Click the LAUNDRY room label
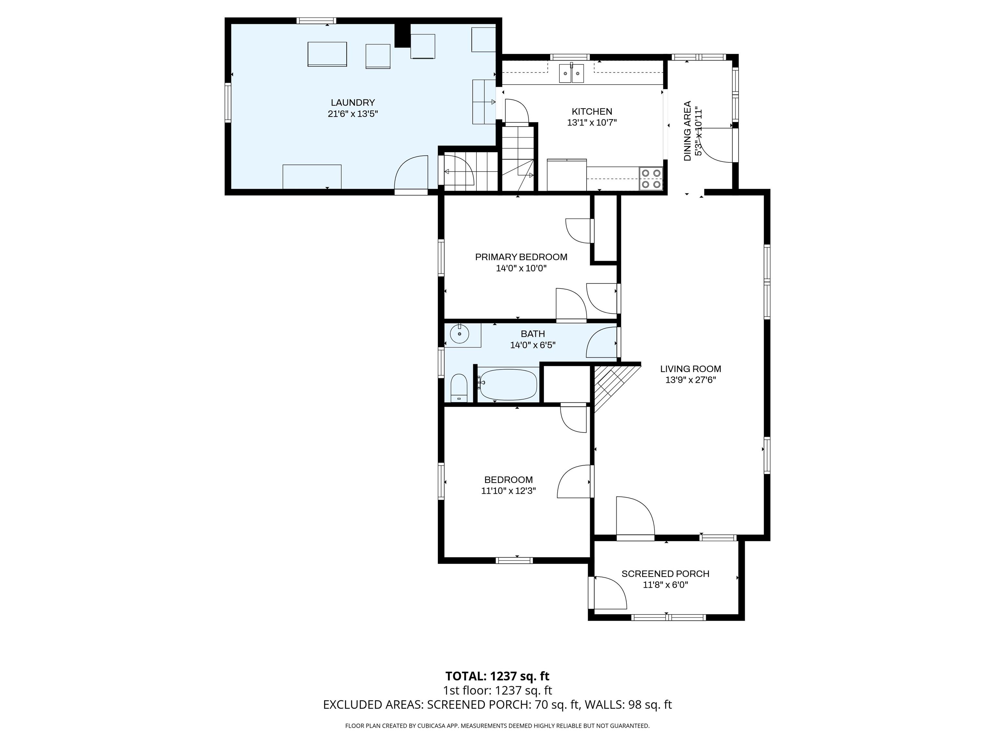pos(353,103)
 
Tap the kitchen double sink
pos(571,74)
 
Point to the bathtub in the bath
pos(508,384)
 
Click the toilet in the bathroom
pos(459,388)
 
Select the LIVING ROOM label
pos(691,369)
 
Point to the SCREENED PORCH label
pos(665,574)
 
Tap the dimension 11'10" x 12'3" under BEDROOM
pos(508,491)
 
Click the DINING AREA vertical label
pos(687,131)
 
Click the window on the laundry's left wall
pos(228,103)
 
